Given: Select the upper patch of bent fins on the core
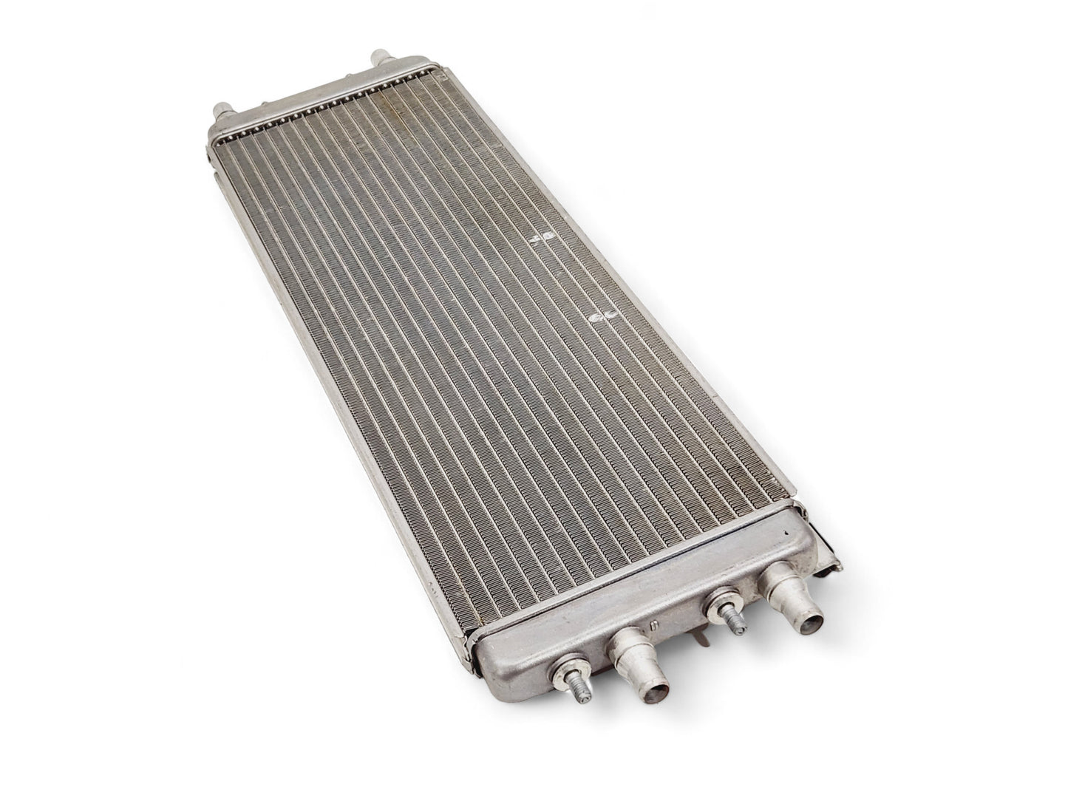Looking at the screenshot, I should pos(545,235).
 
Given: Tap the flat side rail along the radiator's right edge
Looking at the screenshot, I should pos(665,333).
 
